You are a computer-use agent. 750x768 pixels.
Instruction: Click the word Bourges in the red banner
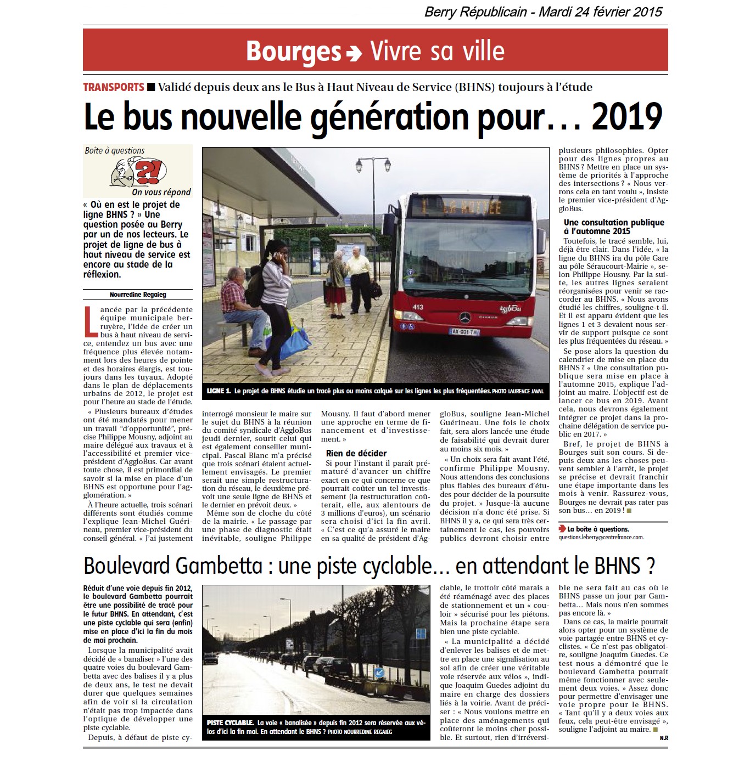click(x=293, y=51)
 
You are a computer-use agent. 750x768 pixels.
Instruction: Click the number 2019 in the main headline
click(x=628, y=117)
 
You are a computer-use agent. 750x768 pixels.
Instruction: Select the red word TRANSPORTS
click(x=113, y=87)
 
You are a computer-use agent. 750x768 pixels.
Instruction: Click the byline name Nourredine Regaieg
click(x=137, y=294)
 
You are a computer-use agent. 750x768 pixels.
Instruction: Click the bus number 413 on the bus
click(x=418, y=307)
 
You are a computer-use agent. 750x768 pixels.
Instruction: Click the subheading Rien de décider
click(x=356, y=453)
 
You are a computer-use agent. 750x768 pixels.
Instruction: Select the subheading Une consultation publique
click(x=614, y=227)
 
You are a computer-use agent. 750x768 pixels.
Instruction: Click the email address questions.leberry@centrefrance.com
click(x=601, y=538)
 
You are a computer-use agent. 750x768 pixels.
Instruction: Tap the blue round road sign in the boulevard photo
click(x=379, y=673)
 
